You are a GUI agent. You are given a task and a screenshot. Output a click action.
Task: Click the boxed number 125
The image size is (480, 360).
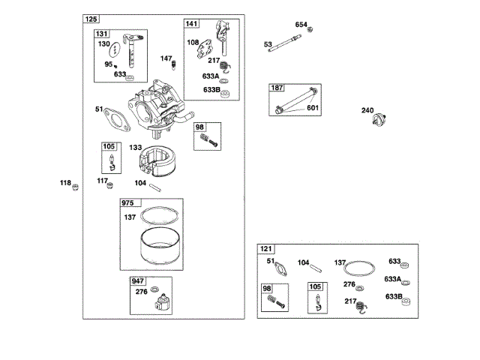[91, 19]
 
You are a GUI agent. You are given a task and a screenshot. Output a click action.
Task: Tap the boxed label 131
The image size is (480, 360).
[102, 34]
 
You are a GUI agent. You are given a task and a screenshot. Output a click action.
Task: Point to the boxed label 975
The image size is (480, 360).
[129, 203]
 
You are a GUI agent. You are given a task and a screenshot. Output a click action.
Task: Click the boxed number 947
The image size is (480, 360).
[138, 281]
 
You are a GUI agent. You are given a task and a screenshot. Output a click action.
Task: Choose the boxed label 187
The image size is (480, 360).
[277, 88]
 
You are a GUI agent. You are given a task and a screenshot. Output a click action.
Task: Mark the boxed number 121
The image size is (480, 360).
[266, 249]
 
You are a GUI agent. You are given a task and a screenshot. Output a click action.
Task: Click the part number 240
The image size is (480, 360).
[367, 111]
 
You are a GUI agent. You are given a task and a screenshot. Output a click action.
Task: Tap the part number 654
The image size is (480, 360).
[301, 25]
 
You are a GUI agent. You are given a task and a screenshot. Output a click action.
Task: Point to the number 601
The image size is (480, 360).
[312, 107]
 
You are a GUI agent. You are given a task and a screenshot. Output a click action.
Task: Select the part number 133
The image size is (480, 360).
[136, 148]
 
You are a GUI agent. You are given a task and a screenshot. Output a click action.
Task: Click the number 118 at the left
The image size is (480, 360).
[66, 182]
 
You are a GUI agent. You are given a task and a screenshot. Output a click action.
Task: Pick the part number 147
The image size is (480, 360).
[166, 58]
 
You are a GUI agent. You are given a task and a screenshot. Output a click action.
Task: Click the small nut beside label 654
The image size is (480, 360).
[311, 29]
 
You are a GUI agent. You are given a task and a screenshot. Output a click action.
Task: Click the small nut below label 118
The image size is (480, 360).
[74, 187]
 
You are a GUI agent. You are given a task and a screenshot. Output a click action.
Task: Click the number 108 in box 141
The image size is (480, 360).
[193, 43]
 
